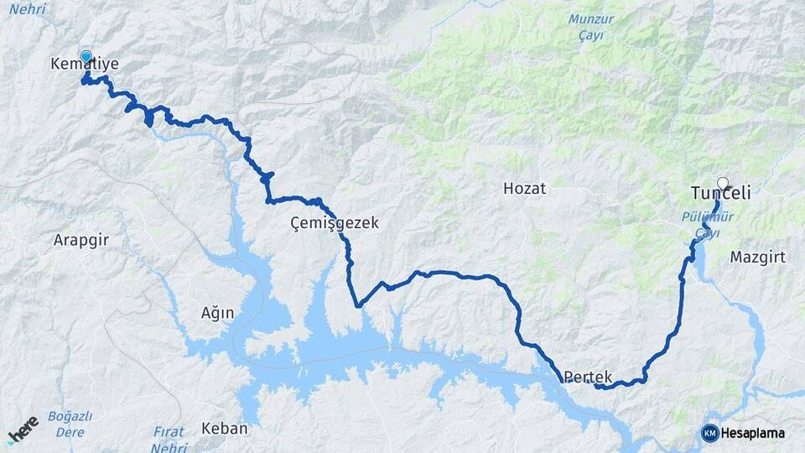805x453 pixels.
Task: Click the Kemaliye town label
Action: pos(85,65)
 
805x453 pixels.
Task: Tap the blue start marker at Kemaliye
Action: pos(86,56)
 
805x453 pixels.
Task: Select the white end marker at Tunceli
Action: pos(723,182)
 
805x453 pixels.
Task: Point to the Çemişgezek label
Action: pos(335,223)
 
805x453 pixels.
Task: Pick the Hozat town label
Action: pos(524,189)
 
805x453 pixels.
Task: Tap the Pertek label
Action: pos(589,377)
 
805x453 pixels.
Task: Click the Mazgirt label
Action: pos(758,257)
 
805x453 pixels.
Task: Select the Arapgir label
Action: pos(81,240)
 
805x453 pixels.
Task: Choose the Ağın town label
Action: pos(217,312)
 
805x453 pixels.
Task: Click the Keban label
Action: pos(225,428)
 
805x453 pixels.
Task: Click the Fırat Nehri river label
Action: pos(169,438)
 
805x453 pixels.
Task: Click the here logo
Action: pos(24,429)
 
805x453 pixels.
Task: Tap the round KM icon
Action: pos(709,433)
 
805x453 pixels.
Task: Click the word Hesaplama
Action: pos(752,434)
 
